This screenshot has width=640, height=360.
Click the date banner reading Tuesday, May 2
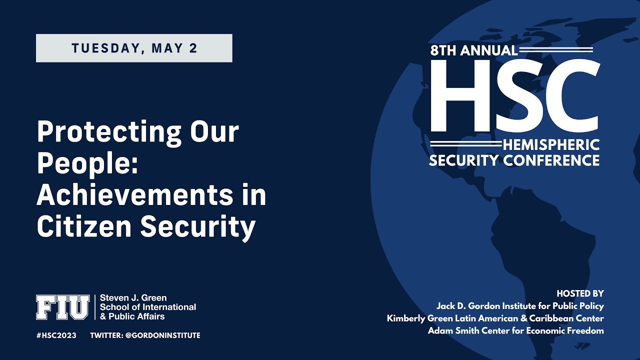(134, 48)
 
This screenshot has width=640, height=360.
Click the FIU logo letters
(62, 307)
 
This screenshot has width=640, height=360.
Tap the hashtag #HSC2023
(56, 335)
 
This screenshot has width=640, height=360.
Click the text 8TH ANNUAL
(474, 50)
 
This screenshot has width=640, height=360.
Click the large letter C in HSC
(572, 95)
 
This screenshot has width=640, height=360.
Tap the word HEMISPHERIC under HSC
(550, 145)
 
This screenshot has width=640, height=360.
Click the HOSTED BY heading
(580, 293)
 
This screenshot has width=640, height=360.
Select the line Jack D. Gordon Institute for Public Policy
(520, 306)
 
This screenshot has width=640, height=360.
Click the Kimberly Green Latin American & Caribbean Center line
(495, 318)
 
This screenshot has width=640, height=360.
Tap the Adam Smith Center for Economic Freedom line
(515, 331)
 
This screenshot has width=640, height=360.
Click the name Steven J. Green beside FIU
(133, 298)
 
